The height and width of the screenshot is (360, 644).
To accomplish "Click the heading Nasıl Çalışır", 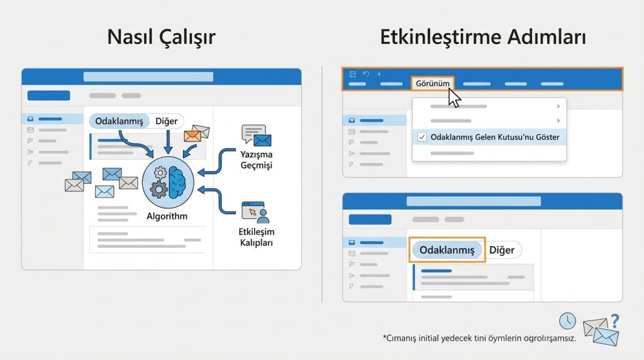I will tap(161, 37).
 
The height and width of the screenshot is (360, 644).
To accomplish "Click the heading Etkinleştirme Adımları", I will tap(483, 37).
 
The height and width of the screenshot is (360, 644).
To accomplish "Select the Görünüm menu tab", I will tap(433, 84).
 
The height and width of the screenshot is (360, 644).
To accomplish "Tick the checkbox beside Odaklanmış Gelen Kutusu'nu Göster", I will tap(422, 137).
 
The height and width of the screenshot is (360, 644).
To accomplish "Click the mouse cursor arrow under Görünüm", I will tap(454, 98).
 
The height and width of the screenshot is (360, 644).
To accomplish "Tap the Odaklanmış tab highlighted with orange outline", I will tap(447, 250).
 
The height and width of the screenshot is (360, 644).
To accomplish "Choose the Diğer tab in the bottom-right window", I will tap(502, 250).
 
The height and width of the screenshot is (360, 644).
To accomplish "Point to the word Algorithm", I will tap(167, 216).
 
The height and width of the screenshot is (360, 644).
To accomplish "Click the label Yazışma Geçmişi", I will tap(256, 159).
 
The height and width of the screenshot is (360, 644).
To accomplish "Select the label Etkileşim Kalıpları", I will tap(256, 237).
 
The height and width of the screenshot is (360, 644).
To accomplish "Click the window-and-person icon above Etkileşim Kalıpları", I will tap(255, 212).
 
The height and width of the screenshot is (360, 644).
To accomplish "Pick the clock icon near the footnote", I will tap(567, 320).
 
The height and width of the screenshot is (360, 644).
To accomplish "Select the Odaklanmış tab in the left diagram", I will tap(119, 121).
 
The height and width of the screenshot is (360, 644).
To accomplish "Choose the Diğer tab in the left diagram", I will tap(166, 121).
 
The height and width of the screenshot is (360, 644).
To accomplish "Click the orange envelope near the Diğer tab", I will tap(192, 135).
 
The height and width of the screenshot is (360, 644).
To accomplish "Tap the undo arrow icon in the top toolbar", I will tap(366, 74).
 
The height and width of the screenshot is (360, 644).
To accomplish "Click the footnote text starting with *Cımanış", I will tap(479, 338).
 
